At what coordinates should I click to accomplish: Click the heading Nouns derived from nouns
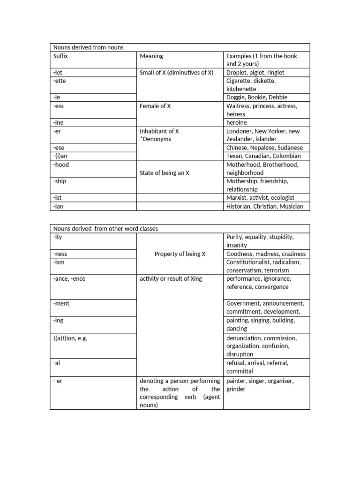pos(88,47)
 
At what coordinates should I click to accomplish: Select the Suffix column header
pos(61,56)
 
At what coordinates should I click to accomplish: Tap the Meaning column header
pos(151,56)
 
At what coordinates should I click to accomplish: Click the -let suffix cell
pos(58,73)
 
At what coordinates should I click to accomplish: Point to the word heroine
pos(236,123)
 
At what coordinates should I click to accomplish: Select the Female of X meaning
pos(155,106)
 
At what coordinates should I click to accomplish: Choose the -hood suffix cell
pos(61,165)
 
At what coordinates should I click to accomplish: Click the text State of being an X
pos(165,173)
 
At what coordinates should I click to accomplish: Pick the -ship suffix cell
pos(60,181)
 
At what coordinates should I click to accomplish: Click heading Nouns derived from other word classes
pos(105,229)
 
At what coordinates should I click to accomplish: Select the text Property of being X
pos(180,254)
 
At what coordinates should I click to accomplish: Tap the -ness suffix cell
pos(60,254)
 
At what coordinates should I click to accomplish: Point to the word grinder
pos(236,389)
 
